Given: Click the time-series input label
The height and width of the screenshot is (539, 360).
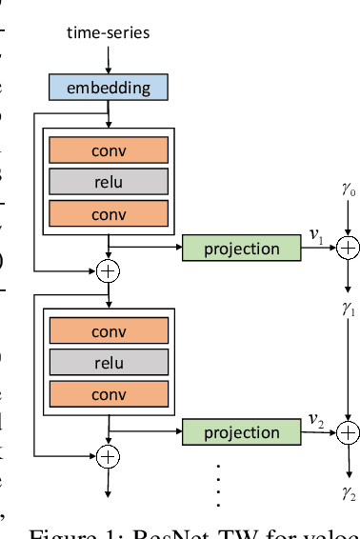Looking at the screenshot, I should pos(108,33).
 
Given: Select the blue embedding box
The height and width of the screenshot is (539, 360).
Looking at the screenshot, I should pos(108,89).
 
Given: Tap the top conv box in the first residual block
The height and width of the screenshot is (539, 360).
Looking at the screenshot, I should pos(108,150).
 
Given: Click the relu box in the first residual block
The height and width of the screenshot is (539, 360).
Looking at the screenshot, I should pos(108,182).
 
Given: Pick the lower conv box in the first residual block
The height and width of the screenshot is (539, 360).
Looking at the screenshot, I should pos(108,214).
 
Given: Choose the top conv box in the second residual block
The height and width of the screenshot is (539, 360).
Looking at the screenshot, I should pos(108,331).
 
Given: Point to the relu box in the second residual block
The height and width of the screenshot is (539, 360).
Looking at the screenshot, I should pos(108,363).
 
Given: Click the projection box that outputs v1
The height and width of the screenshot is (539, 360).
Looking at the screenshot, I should pos(242,249).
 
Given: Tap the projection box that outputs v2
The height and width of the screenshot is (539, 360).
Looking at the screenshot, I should pos(242,432).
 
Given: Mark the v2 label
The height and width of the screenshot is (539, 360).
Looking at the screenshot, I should pos(315,419).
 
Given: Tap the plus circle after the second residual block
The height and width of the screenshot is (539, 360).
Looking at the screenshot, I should pos(109,455).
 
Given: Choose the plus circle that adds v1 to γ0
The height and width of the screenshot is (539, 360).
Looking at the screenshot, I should pos(349,249).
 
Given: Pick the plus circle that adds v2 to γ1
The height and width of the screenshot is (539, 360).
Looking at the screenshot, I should pos(349,432).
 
